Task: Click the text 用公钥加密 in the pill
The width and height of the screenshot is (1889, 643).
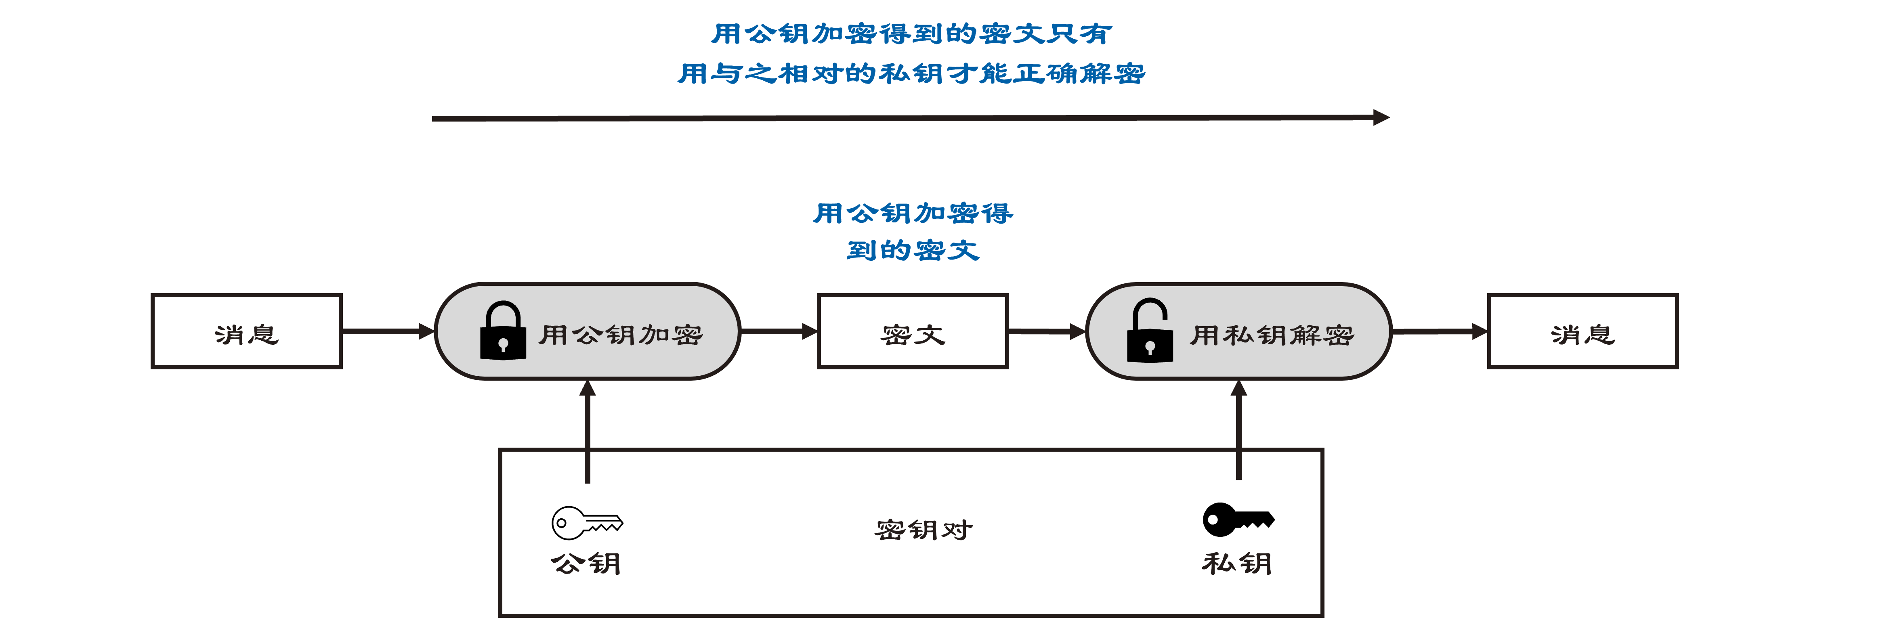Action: [621, 335]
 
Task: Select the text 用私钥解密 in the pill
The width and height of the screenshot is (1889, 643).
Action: [1272, 335]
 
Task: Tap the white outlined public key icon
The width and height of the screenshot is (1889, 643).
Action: [587, 523]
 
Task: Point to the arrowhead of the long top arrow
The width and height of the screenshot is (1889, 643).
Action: [1388, 117]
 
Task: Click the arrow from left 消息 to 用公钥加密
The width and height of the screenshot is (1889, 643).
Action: [388, 331]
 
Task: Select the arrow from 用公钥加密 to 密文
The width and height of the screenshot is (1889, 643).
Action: [779, 331]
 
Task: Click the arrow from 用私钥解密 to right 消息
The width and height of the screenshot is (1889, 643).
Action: [1440, 331]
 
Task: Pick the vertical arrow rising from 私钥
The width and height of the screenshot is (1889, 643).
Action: [1238, 429]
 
